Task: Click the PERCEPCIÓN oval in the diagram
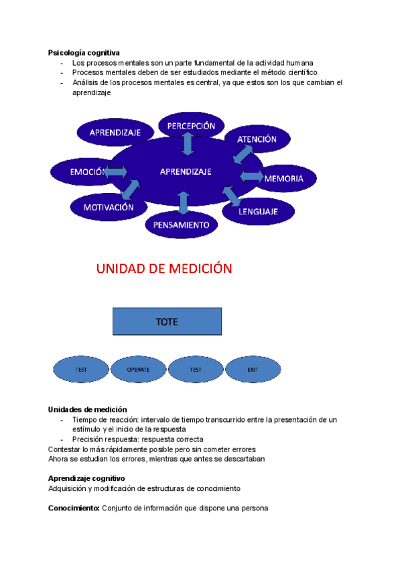point(191,125)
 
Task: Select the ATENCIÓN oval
point(257,139)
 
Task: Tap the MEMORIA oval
point(284,178)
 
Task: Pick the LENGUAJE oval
point(267,212)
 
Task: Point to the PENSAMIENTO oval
point(182,225)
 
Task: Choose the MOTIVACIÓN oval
point(109,208)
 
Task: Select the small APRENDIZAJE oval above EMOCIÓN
point(115,133)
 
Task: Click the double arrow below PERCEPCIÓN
point(187,144)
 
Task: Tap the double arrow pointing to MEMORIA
point(251,176)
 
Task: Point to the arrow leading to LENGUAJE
point(231,195)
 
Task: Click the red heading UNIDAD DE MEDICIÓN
point(164,269)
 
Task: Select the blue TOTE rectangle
point(167,322)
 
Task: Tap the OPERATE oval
point(138,369)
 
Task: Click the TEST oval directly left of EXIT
point(195,369)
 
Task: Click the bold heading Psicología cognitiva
point(84,53)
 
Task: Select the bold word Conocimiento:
point(74,508)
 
